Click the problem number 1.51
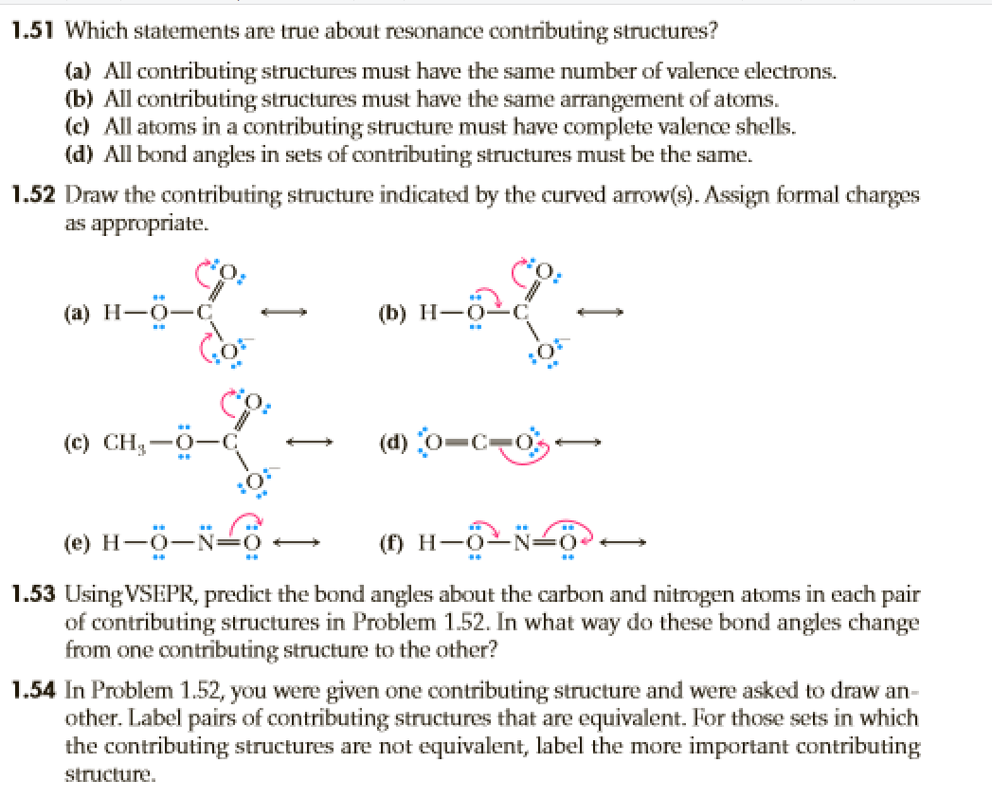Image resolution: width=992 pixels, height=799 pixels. pos(32,29)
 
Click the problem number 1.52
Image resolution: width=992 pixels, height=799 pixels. pos(32,195)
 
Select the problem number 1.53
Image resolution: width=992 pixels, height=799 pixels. pos(32,598)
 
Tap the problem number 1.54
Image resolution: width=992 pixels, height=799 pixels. pos(32,694)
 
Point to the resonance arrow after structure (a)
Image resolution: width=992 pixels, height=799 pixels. pos(288,311)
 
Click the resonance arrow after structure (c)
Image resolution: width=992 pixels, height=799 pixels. pos(313,442)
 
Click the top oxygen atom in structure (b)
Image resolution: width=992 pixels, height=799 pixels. pos(543,276)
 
